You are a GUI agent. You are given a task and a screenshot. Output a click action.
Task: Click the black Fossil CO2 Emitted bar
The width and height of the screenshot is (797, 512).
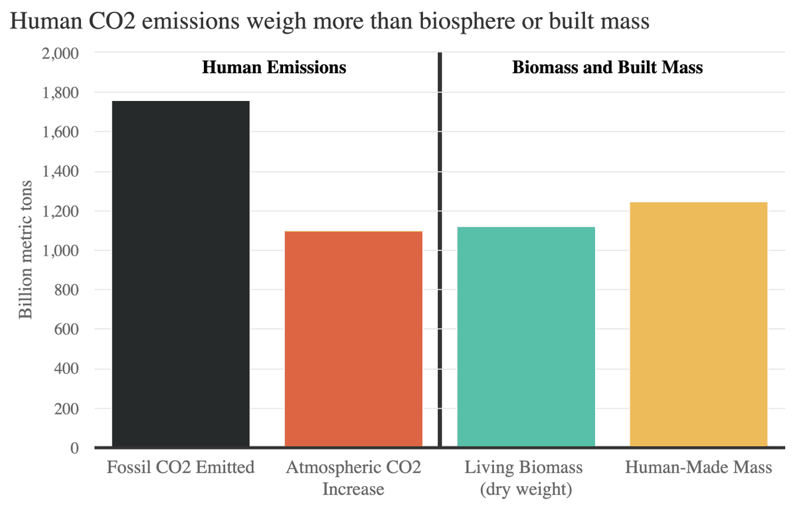[181, 274]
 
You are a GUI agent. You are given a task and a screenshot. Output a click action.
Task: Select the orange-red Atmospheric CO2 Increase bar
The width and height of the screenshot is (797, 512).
[353, 339]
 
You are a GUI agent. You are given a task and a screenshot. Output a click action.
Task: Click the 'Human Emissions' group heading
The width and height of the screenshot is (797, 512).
[274, 68]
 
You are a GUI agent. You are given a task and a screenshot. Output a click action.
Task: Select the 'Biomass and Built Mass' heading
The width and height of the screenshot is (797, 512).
[607, 68]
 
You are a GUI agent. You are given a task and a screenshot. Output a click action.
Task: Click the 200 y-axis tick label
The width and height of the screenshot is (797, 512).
[68, 408]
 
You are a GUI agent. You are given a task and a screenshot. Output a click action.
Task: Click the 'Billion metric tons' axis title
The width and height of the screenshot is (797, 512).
[25, 249]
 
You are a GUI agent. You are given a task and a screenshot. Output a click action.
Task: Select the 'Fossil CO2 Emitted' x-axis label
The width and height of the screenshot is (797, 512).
[181, 468]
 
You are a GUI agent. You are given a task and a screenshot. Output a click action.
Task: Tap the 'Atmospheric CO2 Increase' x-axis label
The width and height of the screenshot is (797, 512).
[353, 478]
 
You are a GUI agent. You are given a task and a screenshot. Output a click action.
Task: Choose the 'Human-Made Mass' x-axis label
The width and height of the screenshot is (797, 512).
[698, 468]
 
